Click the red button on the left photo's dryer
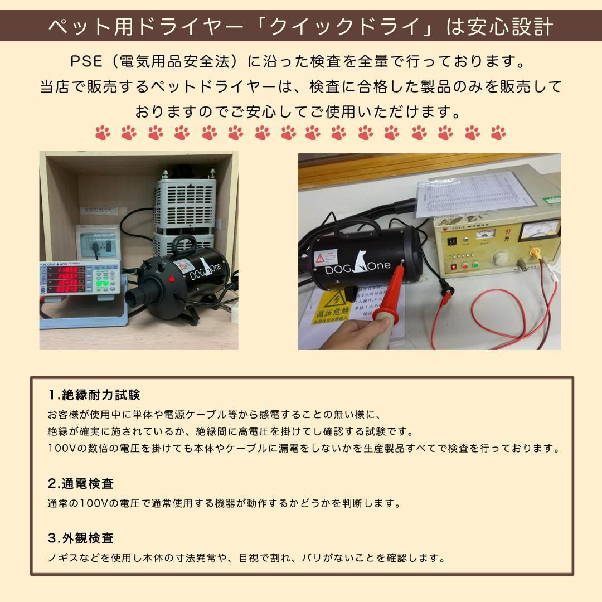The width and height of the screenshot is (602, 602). pyautogui.click(x=171, y=279)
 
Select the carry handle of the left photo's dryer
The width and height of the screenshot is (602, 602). pyautogui.click(x=185, y=245)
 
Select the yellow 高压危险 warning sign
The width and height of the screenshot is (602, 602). pyautogui.click(x=333, y=308)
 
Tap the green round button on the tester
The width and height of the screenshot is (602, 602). pyautogui.click(x=476, y=264)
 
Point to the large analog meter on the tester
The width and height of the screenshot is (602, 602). pyautogui.click(x=537, y=230)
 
